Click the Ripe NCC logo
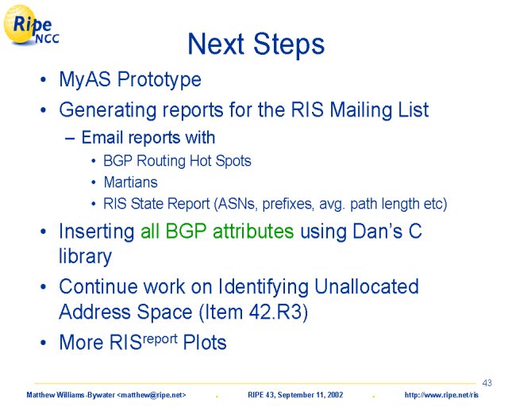pos(31,25)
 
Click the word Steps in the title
pos(289,44)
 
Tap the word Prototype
pos(159,80)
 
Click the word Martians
pos(130,182)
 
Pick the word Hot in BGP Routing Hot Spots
pos(200,161)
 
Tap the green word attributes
pos(253,232)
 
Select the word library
pos(85,257)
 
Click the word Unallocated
pos(367,286)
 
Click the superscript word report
pos(160,339)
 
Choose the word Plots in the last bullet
pos(205,343)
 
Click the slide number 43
pos(487,383)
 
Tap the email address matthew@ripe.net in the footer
pos(152,395)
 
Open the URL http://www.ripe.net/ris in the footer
pos(441,395)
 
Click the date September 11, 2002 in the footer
pos(310,395)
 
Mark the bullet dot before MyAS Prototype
pos(43,79)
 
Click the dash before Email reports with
pos(70,138)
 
